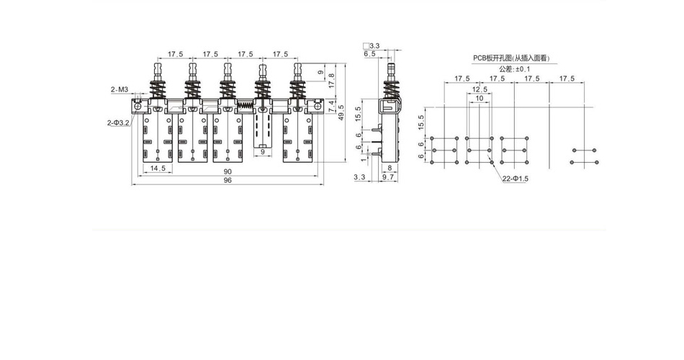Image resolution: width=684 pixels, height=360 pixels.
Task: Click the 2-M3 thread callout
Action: [x=119, y=90]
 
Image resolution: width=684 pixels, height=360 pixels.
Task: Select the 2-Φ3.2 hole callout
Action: [x=118, y=123]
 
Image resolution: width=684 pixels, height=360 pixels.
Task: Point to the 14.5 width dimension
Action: [x=158, y=168]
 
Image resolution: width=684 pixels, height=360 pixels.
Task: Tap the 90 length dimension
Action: [x=228, y=172]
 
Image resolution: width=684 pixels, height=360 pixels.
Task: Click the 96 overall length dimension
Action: [x=228, y=180]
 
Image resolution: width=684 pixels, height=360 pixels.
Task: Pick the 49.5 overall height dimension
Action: [x=341, y=112]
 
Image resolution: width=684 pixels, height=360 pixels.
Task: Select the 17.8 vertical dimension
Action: [x=331, y=81]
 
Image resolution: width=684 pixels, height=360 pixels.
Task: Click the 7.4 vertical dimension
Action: [x=331, y=105]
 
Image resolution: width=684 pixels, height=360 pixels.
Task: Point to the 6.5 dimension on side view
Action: [x=369, y=54]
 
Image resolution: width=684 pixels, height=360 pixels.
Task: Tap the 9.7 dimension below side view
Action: [x=388, y=177]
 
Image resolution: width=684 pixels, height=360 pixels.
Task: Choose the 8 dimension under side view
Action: [x=390, y=168]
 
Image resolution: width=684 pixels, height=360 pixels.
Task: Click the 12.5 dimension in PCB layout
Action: [x=480, y=89]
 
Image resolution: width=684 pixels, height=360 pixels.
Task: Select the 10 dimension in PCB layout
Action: [x=480, y=98]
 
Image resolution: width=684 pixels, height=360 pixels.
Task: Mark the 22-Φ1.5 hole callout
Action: [x=516, y=179]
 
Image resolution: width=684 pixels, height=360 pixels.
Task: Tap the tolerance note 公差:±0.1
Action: [x=515, y=69]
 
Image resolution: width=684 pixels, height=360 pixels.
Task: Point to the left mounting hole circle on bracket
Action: [x=138, y=106]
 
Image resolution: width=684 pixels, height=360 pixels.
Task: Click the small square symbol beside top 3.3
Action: [x=366, y=45]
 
